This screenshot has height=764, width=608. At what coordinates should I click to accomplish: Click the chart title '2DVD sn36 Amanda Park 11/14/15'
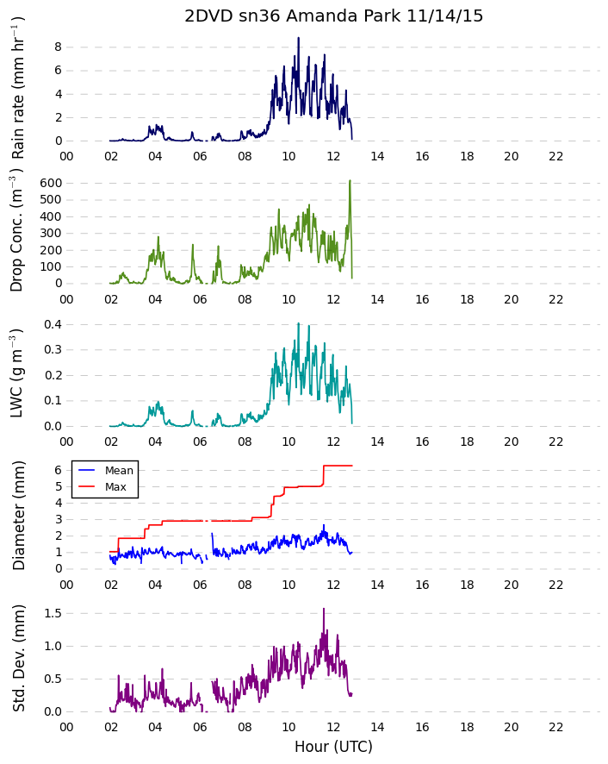tap(333, 16)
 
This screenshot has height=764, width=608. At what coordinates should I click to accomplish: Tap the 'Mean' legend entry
tap(119, 470)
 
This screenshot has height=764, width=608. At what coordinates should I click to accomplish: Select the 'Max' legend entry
tap(115, 486)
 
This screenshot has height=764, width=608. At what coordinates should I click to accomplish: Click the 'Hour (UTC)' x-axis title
tap(333, 747)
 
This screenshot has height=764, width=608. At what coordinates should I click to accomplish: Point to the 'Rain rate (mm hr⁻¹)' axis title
tap(17, 88)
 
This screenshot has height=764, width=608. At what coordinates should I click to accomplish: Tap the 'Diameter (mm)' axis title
tap(18, 516)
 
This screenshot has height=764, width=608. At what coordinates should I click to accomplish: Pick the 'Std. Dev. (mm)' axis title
tap(18, 658)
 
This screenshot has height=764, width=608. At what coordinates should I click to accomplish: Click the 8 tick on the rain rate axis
tap(59, 47)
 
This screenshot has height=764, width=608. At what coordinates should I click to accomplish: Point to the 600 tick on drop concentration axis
tap(51, 183)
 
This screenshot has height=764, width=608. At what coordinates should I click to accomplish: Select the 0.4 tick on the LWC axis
tap(53, 324)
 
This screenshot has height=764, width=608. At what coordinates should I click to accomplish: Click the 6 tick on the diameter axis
tap(59, 470)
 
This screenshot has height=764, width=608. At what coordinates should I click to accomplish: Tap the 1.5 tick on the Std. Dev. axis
tap(53, 613)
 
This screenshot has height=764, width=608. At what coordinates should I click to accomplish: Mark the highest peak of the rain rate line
tap(298, 38)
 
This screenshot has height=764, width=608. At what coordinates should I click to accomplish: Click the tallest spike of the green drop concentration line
tap(350, 180)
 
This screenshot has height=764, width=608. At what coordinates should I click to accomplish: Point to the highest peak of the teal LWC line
tap(298, 323)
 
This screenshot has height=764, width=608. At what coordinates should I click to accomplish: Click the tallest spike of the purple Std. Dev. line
tap(324, 608)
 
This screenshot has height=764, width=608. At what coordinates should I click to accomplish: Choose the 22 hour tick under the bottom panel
tap(556, 727)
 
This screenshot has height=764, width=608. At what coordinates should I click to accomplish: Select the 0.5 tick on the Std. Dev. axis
tap(53, 679)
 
